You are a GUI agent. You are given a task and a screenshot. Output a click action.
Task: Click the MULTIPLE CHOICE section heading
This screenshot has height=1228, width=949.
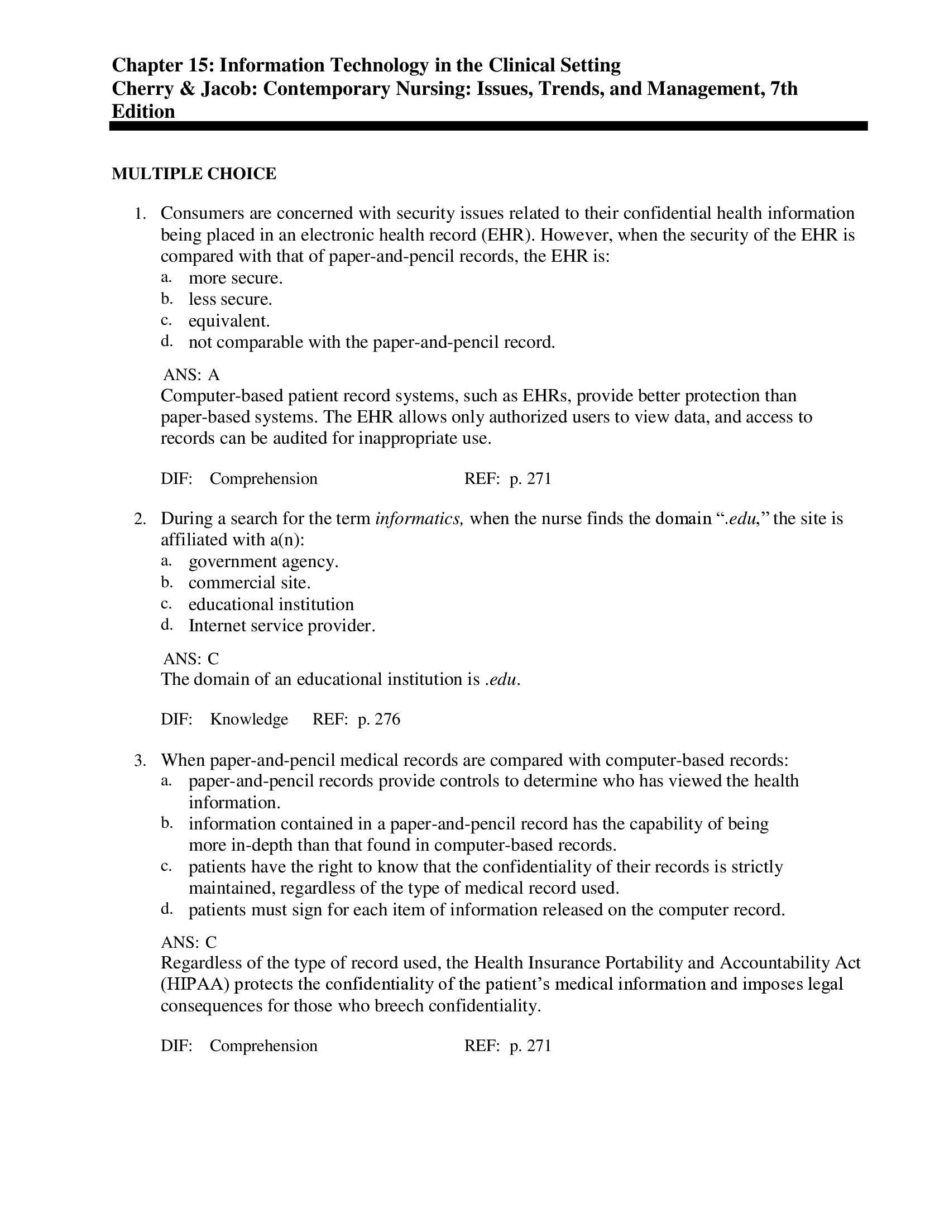point(194,174)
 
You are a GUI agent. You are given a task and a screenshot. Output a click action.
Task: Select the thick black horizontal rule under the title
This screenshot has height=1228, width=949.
point(488,127)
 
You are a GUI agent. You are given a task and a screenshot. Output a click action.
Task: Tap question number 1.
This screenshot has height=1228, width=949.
point(140,214)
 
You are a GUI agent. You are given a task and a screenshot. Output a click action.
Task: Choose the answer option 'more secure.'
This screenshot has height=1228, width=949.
point(236,278)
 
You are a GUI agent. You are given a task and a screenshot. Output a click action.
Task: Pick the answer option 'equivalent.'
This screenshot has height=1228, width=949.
point(229,321)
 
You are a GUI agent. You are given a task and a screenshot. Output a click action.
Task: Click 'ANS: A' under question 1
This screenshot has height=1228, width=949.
point(191,375)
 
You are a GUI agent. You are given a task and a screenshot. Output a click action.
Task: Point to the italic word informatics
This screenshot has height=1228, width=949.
point(419,519)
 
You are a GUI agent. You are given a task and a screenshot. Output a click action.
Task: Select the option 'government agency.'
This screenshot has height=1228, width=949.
point(263,561)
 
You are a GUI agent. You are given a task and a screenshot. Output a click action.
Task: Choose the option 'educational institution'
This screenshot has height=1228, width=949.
point(271,605)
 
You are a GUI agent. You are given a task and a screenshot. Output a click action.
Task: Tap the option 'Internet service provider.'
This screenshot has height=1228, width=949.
point(282,626)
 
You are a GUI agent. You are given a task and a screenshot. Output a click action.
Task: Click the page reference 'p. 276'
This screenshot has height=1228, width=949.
point(379,719)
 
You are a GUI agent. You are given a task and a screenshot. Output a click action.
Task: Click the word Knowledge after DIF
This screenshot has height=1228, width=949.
point(249,719)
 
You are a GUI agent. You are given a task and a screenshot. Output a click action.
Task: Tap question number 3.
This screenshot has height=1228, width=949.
point(140,761)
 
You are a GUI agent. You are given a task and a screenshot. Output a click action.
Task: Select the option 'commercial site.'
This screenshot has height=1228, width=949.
point(249,583)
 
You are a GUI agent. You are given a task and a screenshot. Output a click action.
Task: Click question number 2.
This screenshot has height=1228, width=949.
point(140,519)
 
